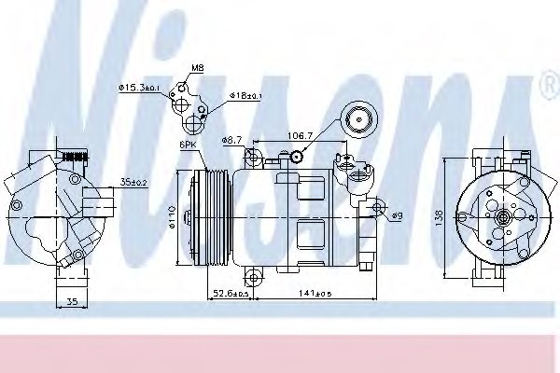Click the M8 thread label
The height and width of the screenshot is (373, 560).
click(198, 67)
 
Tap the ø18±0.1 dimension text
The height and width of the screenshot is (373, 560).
click(244, 95)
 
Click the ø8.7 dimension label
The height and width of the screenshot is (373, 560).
click(231, 140)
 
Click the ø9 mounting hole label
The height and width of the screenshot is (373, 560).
click(396, 216)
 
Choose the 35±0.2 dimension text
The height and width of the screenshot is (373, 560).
click(133, 183)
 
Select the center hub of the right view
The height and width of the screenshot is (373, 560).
click(502, 217)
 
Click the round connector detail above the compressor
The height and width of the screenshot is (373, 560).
click(357, 117)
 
